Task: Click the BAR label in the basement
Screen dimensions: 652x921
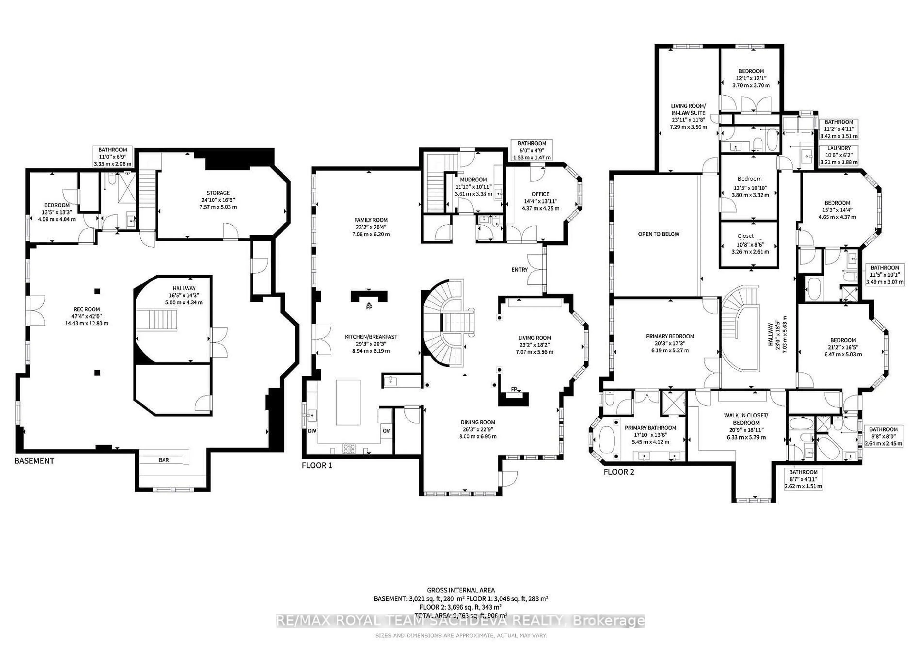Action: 164,460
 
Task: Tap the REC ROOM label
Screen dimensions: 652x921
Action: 87,309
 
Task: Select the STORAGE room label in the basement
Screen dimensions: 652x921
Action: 218,193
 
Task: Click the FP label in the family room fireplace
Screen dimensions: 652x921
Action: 369,307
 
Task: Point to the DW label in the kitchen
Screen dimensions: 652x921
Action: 312,431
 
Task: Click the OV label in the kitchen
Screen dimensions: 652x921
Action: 386,431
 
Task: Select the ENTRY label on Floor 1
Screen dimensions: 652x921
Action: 520,269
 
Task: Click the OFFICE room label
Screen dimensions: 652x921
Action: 540,194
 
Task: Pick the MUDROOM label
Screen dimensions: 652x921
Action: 473,180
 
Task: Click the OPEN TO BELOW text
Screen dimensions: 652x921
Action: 659,234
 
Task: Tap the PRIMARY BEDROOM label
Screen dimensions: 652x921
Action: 670,336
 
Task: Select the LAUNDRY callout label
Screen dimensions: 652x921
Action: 839,148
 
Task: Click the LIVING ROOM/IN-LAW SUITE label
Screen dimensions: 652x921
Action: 688,109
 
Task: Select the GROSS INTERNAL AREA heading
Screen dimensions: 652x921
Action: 460,590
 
